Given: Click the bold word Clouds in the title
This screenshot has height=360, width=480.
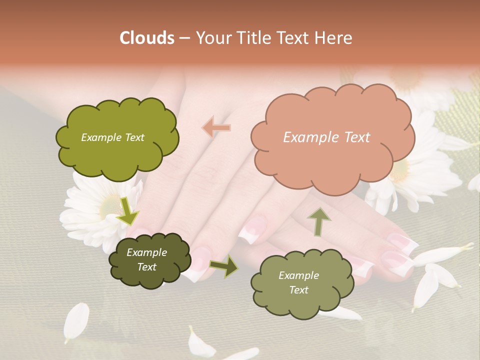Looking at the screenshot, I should pos(147,38).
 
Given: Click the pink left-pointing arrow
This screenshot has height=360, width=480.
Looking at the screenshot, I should pos(216,128).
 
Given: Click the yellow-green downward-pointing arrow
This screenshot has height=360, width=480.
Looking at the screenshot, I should pos(128,211).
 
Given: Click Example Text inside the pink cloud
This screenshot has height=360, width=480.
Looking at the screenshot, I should pos(326,137).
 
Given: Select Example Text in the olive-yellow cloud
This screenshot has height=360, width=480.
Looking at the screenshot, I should pos(112,137).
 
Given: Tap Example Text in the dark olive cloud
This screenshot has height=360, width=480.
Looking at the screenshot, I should pos(146,260).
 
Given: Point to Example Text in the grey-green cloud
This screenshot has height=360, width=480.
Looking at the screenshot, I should pos(298,282).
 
